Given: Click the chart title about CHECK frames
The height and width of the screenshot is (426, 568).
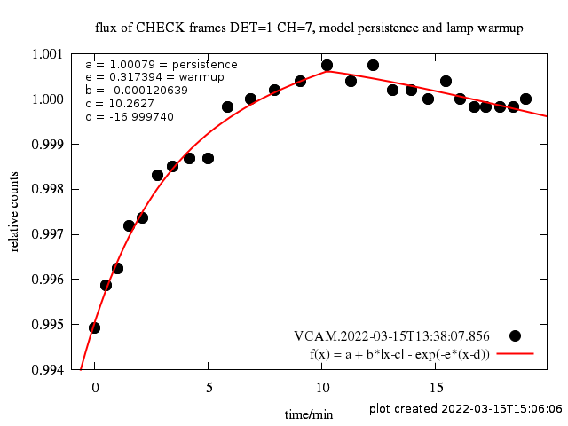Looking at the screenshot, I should [x=309, y=28].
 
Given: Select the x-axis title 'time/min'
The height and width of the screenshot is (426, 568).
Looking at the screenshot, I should [x=309, y=414].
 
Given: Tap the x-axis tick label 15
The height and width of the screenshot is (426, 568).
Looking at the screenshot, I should [x=437, y=387].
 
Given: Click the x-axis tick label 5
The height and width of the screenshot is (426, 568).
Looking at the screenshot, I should [x=209, y=387].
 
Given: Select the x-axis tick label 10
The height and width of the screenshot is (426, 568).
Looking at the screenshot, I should [x=322, y=387].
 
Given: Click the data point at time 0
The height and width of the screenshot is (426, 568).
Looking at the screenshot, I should [x=95, y=327].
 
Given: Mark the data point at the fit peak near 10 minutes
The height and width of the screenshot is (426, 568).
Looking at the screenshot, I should [x=327, y=65].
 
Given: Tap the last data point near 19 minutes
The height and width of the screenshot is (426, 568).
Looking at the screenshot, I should [x=525, y=99].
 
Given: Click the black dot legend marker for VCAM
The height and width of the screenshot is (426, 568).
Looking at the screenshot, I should [x=515, y=335].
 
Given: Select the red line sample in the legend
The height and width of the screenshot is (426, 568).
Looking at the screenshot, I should [x=515, y=353].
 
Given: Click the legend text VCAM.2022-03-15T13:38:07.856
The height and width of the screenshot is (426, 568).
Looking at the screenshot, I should [x=391, y=336].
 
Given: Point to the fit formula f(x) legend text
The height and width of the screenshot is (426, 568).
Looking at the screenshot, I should [x=399, y=353].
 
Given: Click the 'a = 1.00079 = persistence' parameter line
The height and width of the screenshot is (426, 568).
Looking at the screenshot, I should [x=161, y=64].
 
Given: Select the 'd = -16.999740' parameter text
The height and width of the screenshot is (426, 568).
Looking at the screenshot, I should [x=130, y=116].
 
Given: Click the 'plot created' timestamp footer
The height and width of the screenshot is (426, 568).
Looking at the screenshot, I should [x=466, y=409].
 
